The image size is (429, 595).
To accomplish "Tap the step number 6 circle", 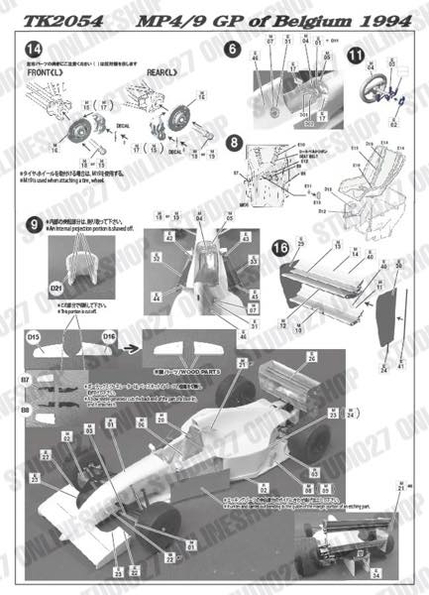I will tap(232, 49).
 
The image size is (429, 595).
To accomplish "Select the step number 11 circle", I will tap(355, 54).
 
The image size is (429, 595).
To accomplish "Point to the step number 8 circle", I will tap(232, 142).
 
